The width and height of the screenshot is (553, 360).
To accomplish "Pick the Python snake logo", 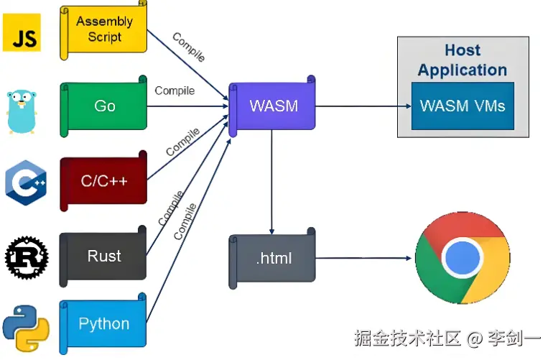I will [x=24, y=328].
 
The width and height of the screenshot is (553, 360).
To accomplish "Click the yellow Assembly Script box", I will [x=104, y=29].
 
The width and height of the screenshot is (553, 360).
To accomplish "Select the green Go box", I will [x=104, y=106].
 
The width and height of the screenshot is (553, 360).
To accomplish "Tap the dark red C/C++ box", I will [x=104, y=180].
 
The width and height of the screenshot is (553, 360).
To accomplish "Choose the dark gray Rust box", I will [x=104, y=256].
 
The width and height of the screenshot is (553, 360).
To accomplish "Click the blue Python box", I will [x=104, y=324].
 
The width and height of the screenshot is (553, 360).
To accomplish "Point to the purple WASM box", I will [x=273, y=106].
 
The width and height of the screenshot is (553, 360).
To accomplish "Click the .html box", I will [x=274, y=258].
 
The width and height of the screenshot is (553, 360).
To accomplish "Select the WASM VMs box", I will [x=463, y=106].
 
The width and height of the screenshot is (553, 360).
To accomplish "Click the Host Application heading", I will [x=463, y=60].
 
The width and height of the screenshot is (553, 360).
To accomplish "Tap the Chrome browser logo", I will [x=463, y=258].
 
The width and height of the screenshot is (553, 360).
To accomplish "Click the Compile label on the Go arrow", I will [x=175, y=91].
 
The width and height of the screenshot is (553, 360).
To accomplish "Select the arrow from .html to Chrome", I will [x=363, y=258].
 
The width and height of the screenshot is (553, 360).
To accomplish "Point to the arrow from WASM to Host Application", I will [x=355, y=106].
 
